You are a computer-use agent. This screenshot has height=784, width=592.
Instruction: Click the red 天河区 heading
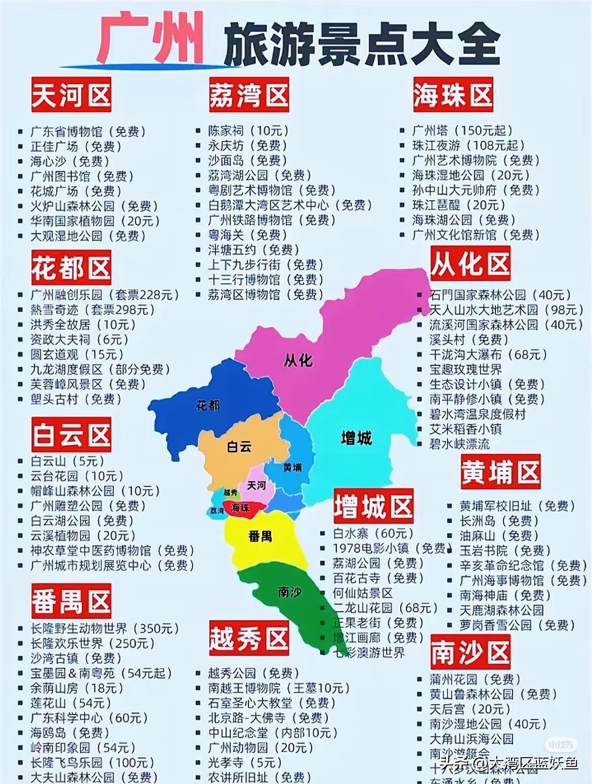(x=71, y=95)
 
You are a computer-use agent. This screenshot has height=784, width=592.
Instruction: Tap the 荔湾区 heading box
(x=249, y=95)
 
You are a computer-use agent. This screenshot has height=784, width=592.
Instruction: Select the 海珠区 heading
(x=453, y=95)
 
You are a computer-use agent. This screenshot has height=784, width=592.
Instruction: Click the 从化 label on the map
(x=298, y=361)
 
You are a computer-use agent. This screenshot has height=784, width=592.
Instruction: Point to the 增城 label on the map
(x=356, y=438)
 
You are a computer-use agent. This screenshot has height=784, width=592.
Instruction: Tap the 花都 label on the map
(x=207, y=406)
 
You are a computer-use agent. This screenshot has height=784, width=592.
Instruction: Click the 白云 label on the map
(x=239, y=447)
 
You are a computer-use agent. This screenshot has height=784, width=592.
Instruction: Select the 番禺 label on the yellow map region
(x=260, y=536)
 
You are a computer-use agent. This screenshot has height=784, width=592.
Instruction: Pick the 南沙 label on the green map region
(x=289, y=592)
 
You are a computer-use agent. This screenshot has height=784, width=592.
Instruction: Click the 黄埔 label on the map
(x=292, y=467)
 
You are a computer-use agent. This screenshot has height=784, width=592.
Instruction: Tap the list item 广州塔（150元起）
(x=462, y=131)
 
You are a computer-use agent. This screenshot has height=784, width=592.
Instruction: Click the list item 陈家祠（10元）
(x=248, y=131)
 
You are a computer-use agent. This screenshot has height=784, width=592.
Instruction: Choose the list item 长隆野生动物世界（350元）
(x=105, y=629)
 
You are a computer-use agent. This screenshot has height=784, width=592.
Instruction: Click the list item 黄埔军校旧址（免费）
(x=517, y=506)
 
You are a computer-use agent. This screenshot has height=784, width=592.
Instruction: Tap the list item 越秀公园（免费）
(x=253, y=673)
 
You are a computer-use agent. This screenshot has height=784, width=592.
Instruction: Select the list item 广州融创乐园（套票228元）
(x=105, y=295)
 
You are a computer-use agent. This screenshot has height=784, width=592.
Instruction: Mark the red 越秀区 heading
(x=249, y=638)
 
